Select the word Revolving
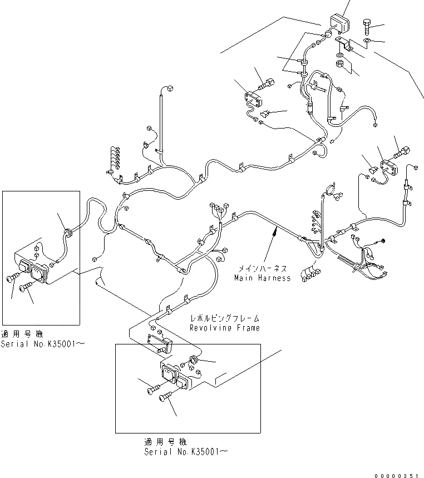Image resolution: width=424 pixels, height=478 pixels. click(209, 328)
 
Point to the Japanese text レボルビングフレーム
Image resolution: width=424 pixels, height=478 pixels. click(225, 319)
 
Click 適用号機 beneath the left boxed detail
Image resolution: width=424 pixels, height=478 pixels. click(21, 334)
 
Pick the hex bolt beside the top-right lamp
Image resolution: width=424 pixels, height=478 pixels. click(367, 25)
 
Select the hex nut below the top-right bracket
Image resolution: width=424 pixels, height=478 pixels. click(340, 64)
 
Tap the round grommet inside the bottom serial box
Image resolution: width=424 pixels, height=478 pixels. click(194, 361)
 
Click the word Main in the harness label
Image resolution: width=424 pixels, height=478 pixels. click(243, 278)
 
